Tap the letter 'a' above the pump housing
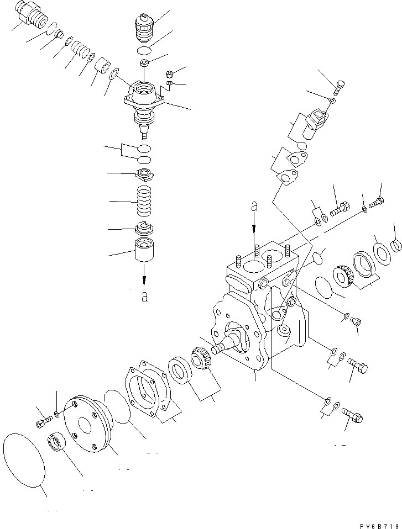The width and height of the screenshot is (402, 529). click(x=254, y=207)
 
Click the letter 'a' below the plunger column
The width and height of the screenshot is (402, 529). click(x=144, y=297)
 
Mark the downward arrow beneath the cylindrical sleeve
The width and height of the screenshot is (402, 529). click(x=144, y=274)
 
